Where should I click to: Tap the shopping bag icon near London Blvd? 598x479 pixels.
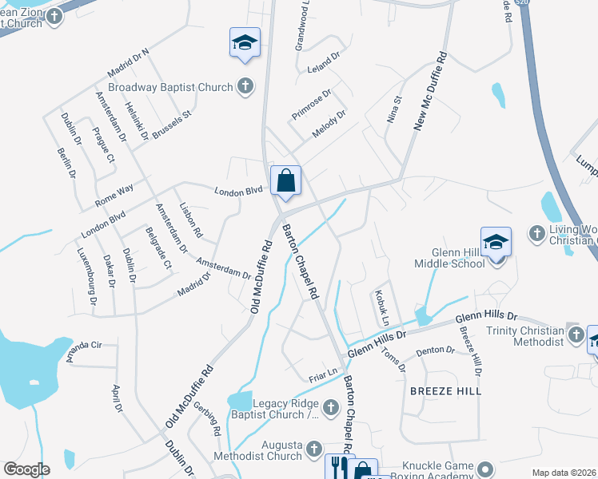[286, 181]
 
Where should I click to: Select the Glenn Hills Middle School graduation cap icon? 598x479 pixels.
[496, 243]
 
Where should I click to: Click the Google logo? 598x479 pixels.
[26, 469]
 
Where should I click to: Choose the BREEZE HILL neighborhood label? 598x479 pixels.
[446, 391]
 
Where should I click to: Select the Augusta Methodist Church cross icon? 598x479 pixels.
[313, 449]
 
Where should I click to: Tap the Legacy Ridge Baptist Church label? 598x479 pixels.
[275, 409]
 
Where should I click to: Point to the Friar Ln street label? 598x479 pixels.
[324, 374]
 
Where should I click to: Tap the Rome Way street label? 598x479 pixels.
[114, 200]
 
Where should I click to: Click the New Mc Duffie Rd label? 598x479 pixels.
[428, 89]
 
